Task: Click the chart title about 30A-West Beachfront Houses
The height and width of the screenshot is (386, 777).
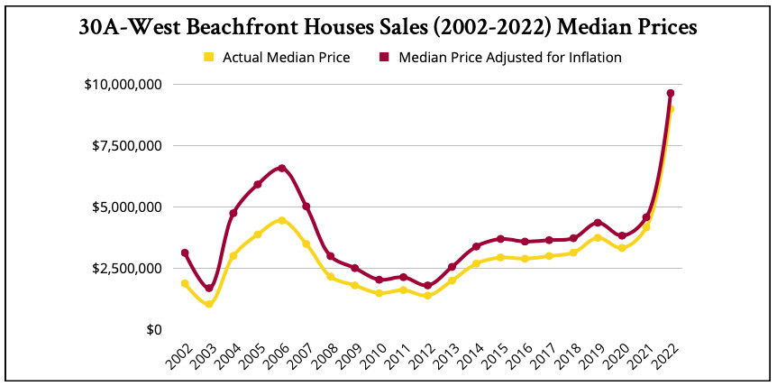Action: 388,27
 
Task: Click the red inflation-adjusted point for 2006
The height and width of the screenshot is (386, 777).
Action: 282,168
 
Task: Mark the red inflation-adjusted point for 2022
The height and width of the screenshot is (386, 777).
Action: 671,93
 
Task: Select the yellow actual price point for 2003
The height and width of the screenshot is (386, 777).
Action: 209,304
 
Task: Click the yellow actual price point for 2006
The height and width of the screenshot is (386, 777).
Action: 282,220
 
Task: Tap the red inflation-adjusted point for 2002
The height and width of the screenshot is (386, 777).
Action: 185,253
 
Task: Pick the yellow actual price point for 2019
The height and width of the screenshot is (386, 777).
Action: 598,237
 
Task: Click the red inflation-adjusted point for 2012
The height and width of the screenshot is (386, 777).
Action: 428,286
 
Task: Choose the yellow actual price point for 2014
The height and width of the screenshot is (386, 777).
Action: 476,263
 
